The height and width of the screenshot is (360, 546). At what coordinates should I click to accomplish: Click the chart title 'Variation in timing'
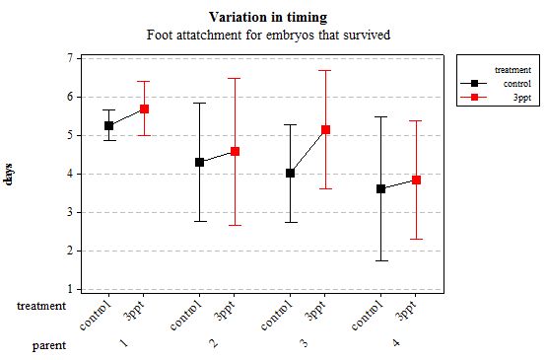point(268,18)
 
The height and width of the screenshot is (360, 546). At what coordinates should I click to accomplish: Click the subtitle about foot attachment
point(268,35)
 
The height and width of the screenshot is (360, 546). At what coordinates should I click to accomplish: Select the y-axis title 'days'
point(10,176)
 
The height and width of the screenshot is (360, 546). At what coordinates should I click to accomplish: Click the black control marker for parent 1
point(108,125)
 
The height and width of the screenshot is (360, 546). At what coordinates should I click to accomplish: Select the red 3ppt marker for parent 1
point(144,108)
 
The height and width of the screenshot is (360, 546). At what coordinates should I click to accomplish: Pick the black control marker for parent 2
point(199,162)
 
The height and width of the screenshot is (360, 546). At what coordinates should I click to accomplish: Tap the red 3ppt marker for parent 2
point(235,151)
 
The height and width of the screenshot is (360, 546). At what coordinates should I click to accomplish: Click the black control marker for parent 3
point(290,173)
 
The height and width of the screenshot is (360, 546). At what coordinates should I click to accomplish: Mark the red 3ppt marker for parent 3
point(325,129)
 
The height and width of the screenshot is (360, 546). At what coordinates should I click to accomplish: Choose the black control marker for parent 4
point(380,188)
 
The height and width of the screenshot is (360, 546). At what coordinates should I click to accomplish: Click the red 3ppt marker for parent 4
point(416,180)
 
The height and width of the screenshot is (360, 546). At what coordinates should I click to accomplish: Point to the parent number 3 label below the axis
point(304,343)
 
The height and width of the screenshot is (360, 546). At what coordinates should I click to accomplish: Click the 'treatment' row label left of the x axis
point(42,307)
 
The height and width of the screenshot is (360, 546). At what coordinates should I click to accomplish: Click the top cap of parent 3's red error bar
point(325,70)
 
